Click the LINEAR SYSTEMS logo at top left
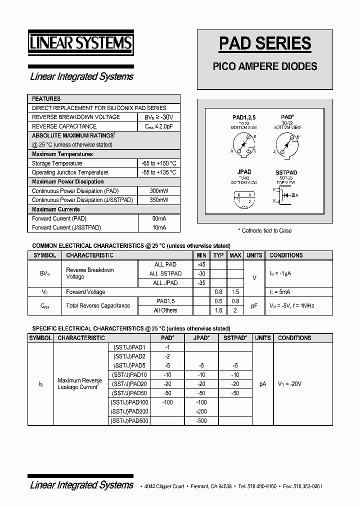[x=80, y=43]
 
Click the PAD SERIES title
[x=265, y=43]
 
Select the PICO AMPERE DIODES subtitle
[x=265, y=66]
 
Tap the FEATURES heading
[x=46, y=99]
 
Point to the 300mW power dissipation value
[x=158, y=191]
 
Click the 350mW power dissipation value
[x=158, y=200]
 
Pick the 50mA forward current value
[x=158, y=218]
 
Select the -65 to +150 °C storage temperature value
[x=158, y=163]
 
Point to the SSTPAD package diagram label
[x=286, y=172]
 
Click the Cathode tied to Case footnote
[x=264, y=230]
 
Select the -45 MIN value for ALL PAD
[x=201, y=264]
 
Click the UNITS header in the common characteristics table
[x=254, y=255]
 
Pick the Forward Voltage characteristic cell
[x=85, y=292]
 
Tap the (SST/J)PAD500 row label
[x=129, y=420]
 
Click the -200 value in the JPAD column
[x=201, y=411]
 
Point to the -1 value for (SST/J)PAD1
[x=167, y=347]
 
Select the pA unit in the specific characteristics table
[x=262, y=384]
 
